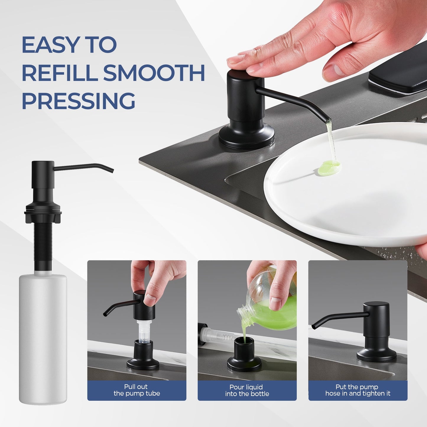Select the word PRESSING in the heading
[x=78, y=101]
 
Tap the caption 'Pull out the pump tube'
[x=137, y=390]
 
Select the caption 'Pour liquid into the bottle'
[x=247, y=390]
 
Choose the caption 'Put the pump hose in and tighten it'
[x=358, y=390]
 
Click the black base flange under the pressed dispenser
[x=246, y=139]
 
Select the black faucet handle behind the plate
[x=399, y=79]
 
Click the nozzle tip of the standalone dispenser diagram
[x=112, y=171]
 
